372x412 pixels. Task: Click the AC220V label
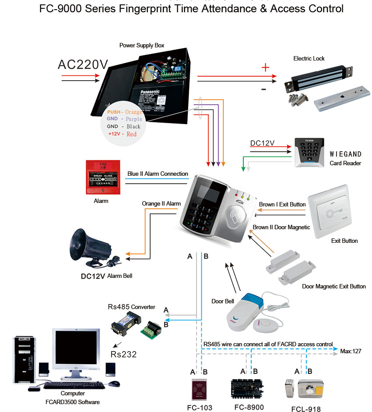click(83, 64)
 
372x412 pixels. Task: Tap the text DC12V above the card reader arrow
click(262, 143)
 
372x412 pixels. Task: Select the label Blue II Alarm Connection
click(158, 174)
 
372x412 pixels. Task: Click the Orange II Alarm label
click(161, 204)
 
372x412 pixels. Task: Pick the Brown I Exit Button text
click(282, 204)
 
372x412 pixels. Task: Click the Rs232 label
click(123, 354)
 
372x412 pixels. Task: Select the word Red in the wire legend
click(132, 134)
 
